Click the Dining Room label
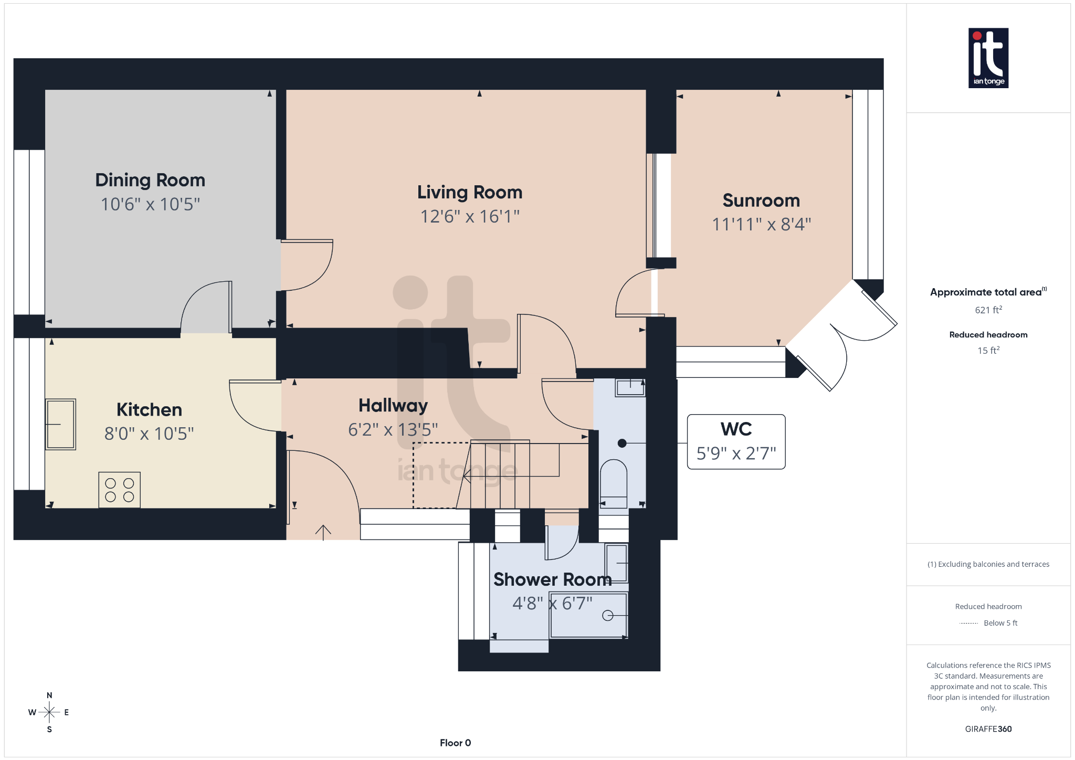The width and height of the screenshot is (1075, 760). pyautogui.click(x=150, y=180)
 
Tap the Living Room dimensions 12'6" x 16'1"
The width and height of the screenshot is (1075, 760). pyautogui.click(x=470, y=216)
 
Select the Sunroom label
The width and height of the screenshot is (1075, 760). pyautogui.click(x=761, y=200)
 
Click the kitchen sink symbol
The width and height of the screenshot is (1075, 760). pyautogui.click(x=61, y=424)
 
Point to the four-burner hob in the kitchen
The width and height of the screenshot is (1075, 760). pyautogui.click(x=120, y=490)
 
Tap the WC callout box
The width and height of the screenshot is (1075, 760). pyautogui.click(x=736, y=441)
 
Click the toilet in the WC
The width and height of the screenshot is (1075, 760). pyautogui.click(x=613, y=479)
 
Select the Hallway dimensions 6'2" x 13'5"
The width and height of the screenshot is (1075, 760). pyautogui.click(x=393, y=430)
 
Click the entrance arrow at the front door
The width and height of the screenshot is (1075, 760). pyautogui.click(x=323, y=532)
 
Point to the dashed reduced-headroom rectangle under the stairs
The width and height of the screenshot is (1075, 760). pyautogui.click(x=435, y=475)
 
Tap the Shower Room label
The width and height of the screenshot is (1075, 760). pyautogui.click(x=552, y=579)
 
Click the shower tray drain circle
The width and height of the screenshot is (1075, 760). pyautogui.click(x=607, y=615)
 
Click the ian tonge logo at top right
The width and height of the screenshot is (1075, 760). pyautogui.click(x=988, y=58)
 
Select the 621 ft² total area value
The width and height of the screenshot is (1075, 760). pyautogui.click(x=988, y=310)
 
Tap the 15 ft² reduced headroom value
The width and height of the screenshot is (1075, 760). pyautogui.click(x=988, y=350)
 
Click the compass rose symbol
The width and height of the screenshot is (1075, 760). pyautogui.click(x=49, y=712)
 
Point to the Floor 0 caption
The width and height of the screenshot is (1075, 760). pyautogui.click(x=455, y=743)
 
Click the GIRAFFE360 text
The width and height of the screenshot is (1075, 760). pyautogui.click(x=988, y=729)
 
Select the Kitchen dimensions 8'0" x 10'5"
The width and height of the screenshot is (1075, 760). pyautogui.click(x=149, y=434)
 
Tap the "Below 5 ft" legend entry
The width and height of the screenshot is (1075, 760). pyautogui.click(x=1000, y=623)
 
